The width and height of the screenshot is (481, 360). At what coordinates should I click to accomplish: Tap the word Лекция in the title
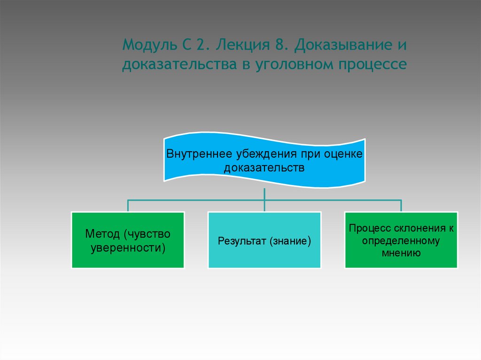click(x=238, y=46)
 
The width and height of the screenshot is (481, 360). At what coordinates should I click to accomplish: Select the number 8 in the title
click(x=279, y=46)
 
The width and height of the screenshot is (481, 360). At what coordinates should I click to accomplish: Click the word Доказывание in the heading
click(x=338, y=46)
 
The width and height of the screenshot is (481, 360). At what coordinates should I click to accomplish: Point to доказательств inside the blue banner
click(x=264, y=167)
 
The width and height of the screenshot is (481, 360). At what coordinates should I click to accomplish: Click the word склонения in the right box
click(x=416, y=229)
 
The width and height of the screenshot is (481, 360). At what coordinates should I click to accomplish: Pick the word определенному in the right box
click(x=401, y=241)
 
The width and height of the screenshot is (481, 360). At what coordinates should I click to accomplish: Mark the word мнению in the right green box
click(x=401, y=253)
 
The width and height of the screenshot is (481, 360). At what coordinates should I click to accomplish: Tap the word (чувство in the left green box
click(x=147, y=233)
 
